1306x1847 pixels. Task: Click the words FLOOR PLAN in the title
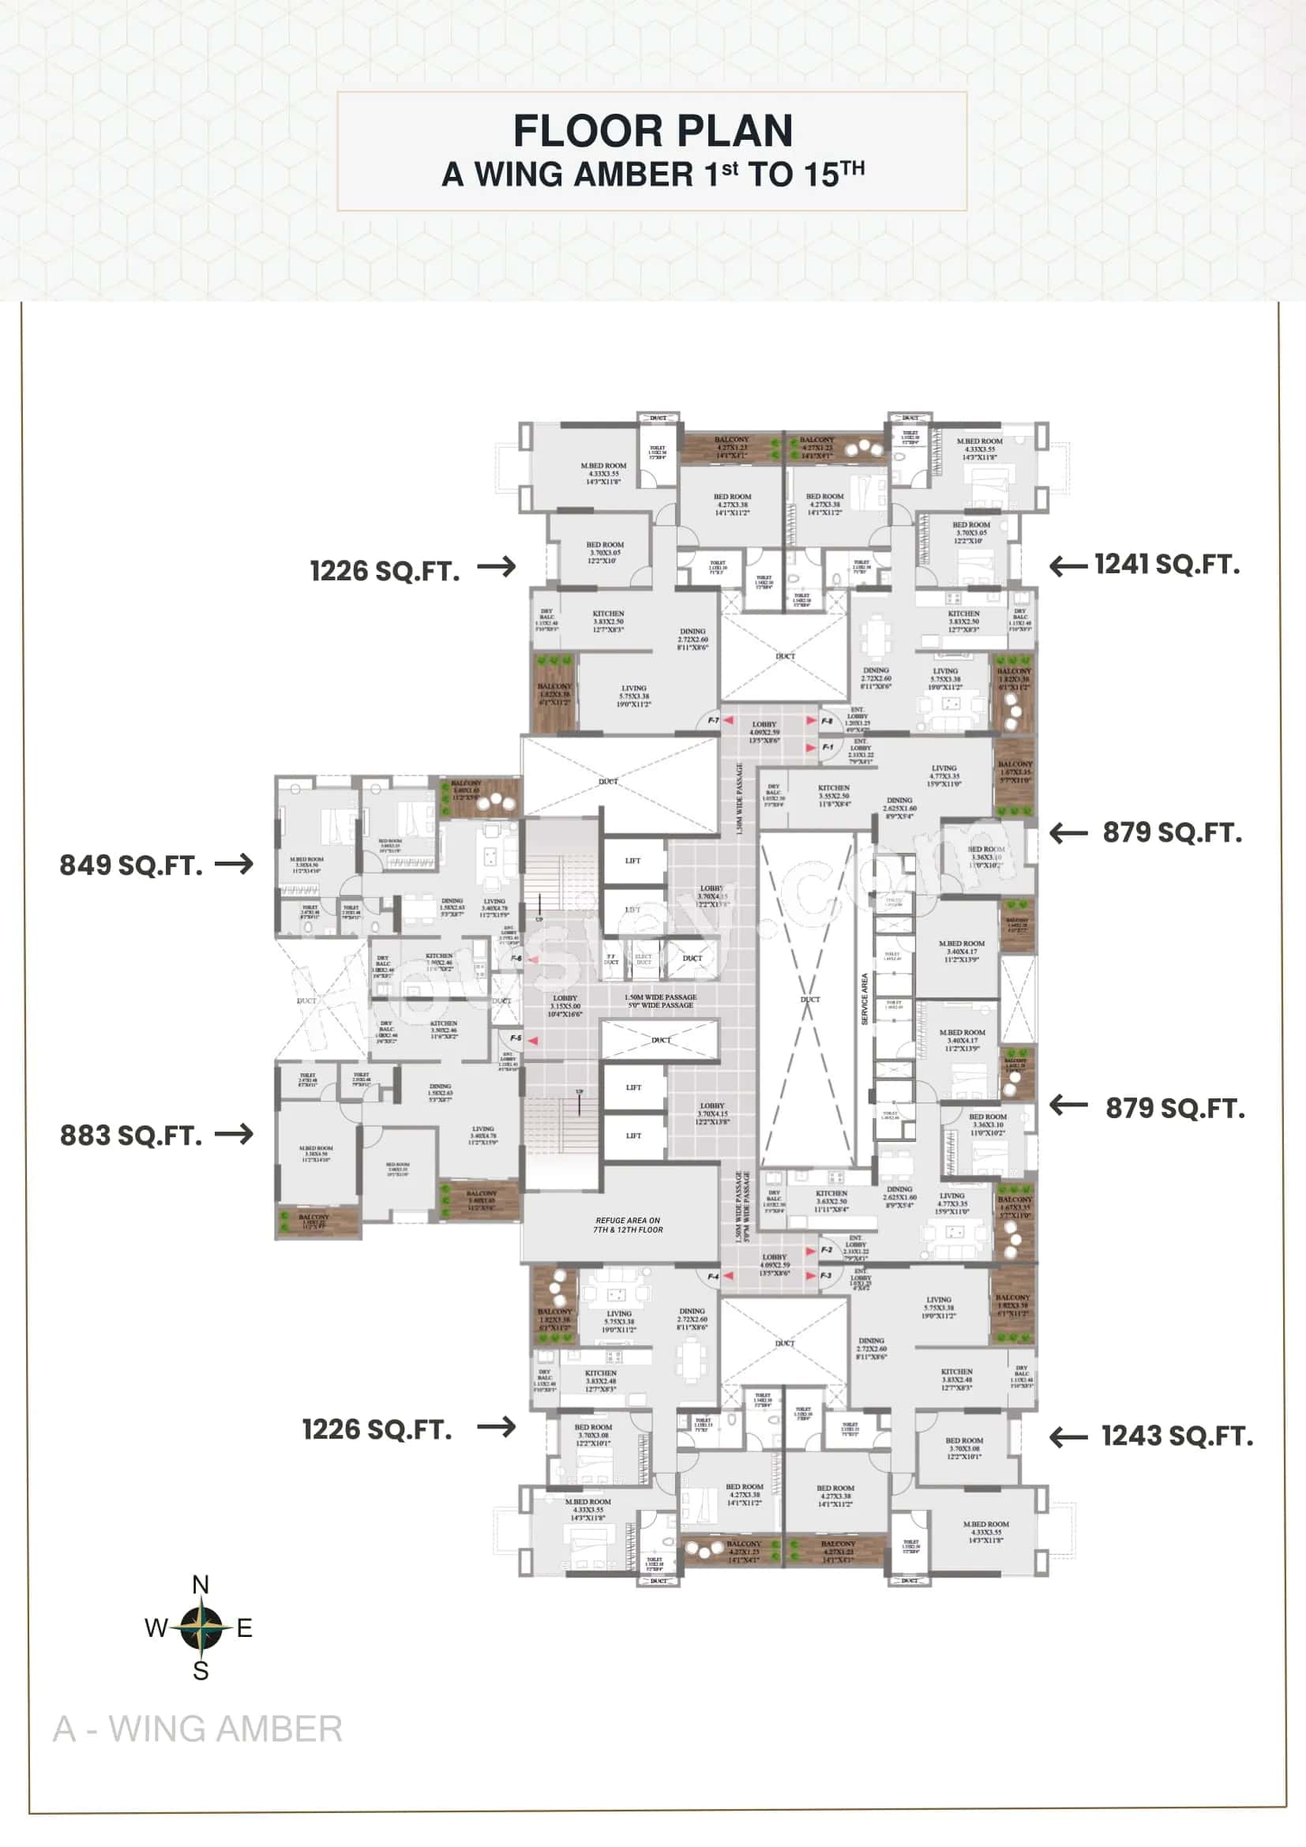tap(652, 131)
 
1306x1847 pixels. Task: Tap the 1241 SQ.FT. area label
tap(1166, 565)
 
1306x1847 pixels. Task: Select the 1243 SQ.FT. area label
tap(1177, 1436)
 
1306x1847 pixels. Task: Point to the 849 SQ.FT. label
tap(131, 865)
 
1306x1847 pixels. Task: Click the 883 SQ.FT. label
tap(131, 1136)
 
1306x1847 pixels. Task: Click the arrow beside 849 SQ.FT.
tap(234, 864)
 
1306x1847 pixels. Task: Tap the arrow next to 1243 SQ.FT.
tap(1069, 1436)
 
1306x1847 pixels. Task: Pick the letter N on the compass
tap(201, 1585)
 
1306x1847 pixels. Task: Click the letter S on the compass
tap(201, 1671)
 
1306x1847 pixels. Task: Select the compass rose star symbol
tap(201, 1627)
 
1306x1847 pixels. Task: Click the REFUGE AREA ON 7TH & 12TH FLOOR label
tap(628, 1226)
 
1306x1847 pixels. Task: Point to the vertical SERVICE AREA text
tap(865, 1000)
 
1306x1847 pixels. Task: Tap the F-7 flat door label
tap(713, 721)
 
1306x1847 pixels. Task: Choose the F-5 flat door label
tap(516, 1038)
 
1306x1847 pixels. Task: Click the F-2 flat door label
tap(826, 1250)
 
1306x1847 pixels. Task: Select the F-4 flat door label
tap(712, 1277)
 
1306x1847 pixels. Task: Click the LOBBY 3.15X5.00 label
tap(565, 1006)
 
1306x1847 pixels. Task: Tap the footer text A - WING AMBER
tap(198, 1729)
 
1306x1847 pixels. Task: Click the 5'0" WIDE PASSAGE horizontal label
tap(660, 1005)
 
